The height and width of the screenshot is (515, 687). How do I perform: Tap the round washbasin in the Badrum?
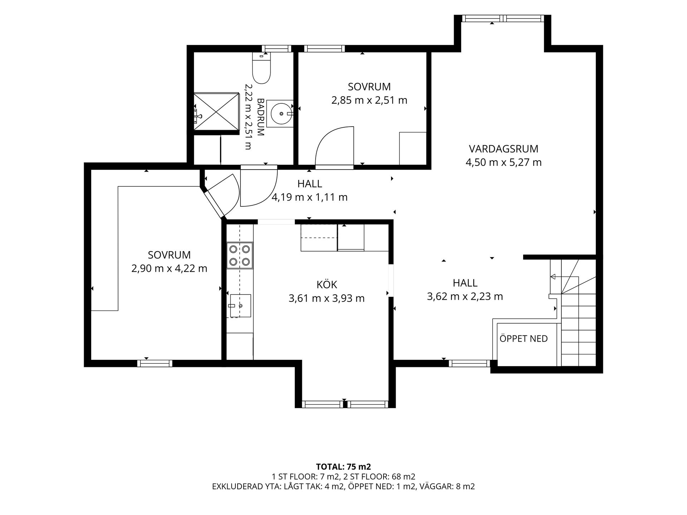click(x=281, y=114)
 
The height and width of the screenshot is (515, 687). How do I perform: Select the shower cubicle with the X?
click(x=216, y=113)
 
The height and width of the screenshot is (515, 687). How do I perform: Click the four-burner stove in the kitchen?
click(x=240, y=255)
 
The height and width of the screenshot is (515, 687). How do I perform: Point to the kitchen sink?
click(x=240, y=306)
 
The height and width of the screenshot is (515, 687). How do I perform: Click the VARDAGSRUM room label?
click(x=503, y=149)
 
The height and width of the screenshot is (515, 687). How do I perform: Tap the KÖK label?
click(x=327, y=285)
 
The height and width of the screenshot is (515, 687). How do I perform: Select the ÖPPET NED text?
click(x=523, y=338)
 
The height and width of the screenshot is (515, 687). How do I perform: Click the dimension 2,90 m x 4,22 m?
click(x=169, y=268)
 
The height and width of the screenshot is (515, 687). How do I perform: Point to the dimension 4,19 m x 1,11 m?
click(x=310, y=197)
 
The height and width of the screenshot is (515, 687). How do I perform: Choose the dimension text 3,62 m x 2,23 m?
click(x=465, y=296)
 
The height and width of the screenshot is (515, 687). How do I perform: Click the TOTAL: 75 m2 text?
click(x=343, y=467)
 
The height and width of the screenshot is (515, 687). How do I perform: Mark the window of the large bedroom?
click(x=155, y=363)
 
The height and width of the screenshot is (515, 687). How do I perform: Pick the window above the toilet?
click(x=277, y=49)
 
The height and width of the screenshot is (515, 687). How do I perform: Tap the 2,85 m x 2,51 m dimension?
click(x=369, y=100)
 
